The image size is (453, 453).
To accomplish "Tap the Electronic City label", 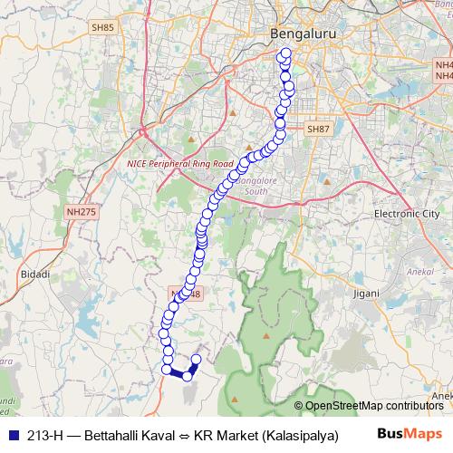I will coord(407,214).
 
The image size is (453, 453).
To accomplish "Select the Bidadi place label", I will coord(34,273).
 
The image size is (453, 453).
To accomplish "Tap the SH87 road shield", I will coord(318,130).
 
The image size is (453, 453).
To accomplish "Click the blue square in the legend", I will coord(11,434).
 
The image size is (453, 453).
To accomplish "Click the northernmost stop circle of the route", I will coord(286,54).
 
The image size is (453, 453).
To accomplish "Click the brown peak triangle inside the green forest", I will coord(266,334).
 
